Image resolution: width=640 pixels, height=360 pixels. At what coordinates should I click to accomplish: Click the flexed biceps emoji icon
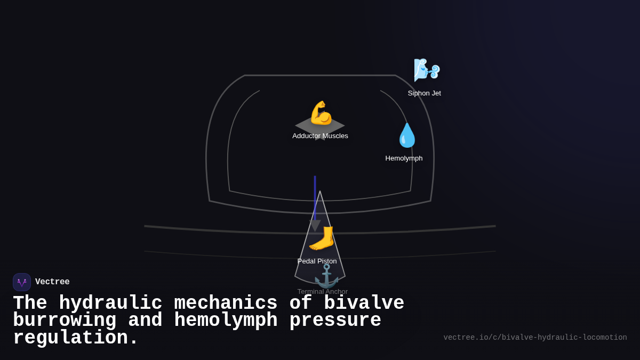tap(321, 113)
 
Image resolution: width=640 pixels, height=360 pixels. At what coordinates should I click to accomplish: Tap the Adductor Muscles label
tap(320, 136)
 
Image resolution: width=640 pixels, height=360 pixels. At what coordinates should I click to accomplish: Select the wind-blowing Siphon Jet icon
tap(427, 70)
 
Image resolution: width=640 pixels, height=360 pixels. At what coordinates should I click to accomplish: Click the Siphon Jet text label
tap(425, 93)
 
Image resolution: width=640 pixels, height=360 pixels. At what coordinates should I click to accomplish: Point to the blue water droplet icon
tap(407, 135)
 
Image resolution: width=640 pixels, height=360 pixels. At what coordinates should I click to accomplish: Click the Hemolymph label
tap(404, 158)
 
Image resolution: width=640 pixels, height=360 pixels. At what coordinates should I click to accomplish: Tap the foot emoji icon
tap(322, 238)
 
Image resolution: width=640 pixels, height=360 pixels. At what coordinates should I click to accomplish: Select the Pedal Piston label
tap(317, 261)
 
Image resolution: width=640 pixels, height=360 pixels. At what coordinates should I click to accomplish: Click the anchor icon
tap(326, 276)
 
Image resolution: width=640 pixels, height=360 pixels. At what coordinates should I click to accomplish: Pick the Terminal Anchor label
tap(322, 292)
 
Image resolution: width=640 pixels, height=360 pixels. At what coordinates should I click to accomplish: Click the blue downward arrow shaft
tap(315, 197)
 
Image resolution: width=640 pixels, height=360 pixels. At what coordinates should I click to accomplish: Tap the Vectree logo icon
tap(22, 282)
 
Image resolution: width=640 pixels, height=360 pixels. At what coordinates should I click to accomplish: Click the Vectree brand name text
tap(52, 282)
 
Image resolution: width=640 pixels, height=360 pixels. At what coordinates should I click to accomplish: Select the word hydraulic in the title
tap(110, 303)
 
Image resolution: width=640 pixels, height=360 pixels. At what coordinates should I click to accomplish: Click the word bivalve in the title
tap(364, 303)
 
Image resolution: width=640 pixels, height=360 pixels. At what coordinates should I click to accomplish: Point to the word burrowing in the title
tap(65, 321)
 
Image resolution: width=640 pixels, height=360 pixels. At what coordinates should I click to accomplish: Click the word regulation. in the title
tap(75, 338)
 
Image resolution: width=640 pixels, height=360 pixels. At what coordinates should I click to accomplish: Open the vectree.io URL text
tap(535, 338)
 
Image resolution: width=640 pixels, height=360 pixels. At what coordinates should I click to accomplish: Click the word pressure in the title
tap(335, 321)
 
